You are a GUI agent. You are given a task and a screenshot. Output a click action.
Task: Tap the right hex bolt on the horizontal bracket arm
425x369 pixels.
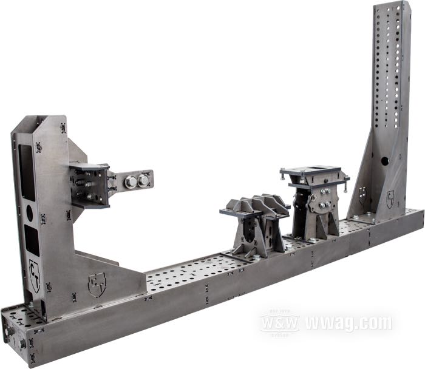[x=144, y=180]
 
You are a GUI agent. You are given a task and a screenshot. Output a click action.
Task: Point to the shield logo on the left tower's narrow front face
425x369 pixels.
[x=35, y=268]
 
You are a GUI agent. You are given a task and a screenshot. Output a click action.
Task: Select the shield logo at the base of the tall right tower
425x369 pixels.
[x=390, y=198]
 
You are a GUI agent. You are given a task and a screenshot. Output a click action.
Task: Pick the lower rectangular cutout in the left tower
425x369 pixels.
[x=32, y=240]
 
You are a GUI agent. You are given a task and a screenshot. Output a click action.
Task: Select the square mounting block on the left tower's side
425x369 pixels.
[x=89, y=185]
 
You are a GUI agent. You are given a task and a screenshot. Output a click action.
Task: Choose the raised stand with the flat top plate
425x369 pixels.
[x=314, y=203]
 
